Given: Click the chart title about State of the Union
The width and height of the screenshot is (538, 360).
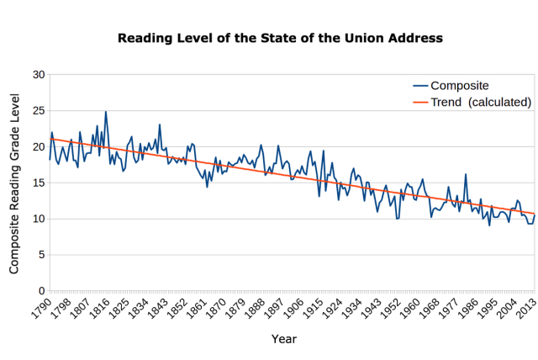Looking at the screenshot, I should (279, 38).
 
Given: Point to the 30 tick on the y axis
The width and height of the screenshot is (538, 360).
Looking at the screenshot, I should (38, 75).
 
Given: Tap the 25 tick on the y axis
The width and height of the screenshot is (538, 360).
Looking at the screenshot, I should (38, 111).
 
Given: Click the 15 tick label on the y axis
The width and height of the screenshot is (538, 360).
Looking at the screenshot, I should (38, 183).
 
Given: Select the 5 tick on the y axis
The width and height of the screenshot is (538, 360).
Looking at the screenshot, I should (41, 255).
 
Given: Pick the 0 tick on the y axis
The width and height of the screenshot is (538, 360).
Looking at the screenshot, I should (41, 291).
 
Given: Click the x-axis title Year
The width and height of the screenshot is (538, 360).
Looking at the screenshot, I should (283, 339).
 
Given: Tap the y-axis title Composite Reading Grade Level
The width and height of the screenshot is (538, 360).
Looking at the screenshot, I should (14, 183).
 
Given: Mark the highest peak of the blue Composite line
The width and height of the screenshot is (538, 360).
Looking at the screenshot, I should (106, 111).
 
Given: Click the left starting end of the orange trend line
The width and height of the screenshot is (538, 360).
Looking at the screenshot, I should (51, 139).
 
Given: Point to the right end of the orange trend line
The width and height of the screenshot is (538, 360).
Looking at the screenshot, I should (535, 214).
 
